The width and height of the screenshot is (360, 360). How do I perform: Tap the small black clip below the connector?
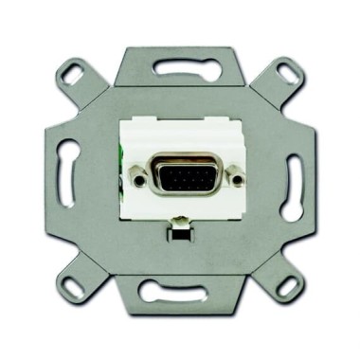178,227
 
